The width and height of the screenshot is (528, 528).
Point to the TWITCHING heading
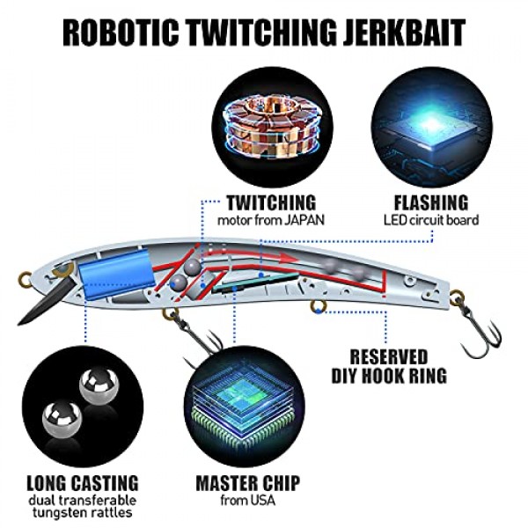pos(271,202)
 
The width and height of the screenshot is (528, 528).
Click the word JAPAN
pos(304,221)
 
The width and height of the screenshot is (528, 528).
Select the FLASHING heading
pos(431,202)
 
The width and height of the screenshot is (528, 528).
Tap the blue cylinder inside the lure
pos(115,275)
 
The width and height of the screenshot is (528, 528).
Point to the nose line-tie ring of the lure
pos(25,278)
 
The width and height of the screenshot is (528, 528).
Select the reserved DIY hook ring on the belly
pos(319,306)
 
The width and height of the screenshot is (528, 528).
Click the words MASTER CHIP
pos(247,483)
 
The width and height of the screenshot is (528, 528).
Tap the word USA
pos(261,501)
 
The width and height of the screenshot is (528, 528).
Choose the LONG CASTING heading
pos(83,483)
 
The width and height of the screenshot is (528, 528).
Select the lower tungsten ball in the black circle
pos(62,419)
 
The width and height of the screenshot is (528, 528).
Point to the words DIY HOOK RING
pos(389,376)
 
